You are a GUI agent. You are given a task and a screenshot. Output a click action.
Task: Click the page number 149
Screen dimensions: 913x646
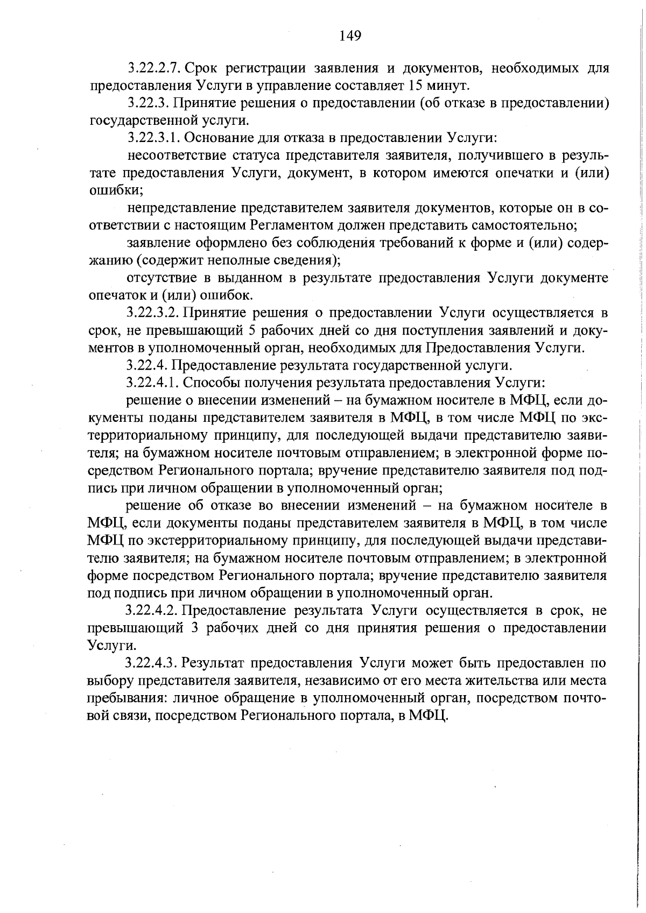coord(350,36)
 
